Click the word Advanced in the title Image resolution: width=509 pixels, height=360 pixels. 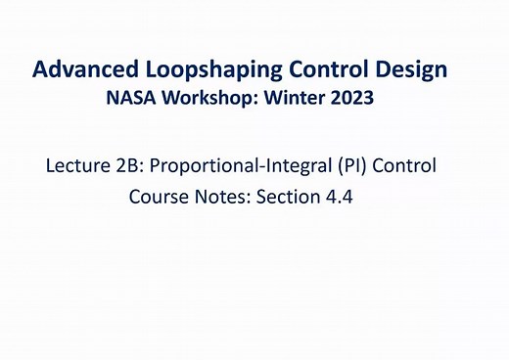tap(81, 70)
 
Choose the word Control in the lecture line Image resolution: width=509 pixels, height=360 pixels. tap(403, 165)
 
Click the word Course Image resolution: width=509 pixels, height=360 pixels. tap(157, 197)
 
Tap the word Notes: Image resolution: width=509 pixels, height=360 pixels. tap(220, 197)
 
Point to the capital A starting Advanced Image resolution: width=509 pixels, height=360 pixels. tap(41, 70)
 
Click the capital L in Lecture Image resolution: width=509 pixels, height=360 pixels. tap(51, 165)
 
